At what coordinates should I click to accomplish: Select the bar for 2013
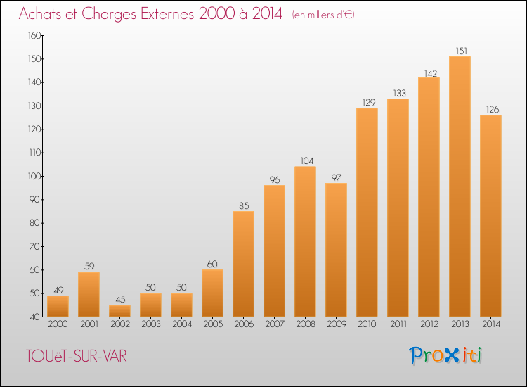coord(460,186)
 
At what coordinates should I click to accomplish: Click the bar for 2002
coord(119,310)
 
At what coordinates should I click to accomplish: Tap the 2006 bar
coord(243,264)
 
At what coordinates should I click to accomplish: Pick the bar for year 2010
coord(367,212)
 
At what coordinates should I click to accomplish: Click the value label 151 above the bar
coord(462,51)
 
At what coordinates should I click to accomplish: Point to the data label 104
coord(307,161)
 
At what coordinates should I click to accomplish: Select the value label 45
coord(120,299)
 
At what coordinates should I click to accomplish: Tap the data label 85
coord(244,205)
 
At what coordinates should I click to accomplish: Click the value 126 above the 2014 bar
coord(493,109)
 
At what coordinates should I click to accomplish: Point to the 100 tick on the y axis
coord(34,176)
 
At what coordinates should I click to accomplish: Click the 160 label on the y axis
coord(34,35)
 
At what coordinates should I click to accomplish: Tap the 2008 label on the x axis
coord(306,324)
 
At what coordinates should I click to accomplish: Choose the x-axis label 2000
coord(58,324)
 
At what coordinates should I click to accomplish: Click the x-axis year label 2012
coord(429,324)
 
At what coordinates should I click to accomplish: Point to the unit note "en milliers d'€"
coord(323,15)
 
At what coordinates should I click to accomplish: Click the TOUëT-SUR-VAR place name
coord(77,356)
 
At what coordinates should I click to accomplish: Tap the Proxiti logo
coord(445,355)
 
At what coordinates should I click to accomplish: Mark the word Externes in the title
coord(167,13)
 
